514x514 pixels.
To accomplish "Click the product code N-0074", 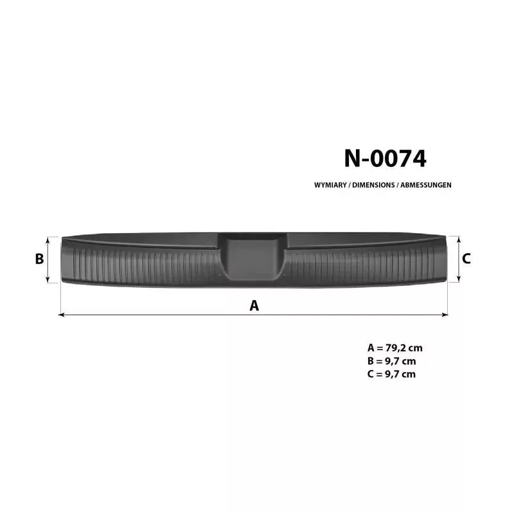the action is (385, 159).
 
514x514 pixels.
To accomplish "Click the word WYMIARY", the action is (330, 185).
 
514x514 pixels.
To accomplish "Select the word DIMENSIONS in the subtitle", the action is (373, 185).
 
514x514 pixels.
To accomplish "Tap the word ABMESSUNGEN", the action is (426, 185).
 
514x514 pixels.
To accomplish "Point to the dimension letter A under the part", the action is (254, 306).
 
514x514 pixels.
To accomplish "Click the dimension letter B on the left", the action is (39, 259).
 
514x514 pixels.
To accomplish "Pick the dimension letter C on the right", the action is (466, 259).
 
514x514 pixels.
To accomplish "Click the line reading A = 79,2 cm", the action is (395, 348).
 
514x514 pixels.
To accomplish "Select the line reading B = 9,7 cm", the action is (392, 361).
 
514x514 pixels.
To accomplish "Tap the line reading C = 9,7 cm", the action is (392, 374).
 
